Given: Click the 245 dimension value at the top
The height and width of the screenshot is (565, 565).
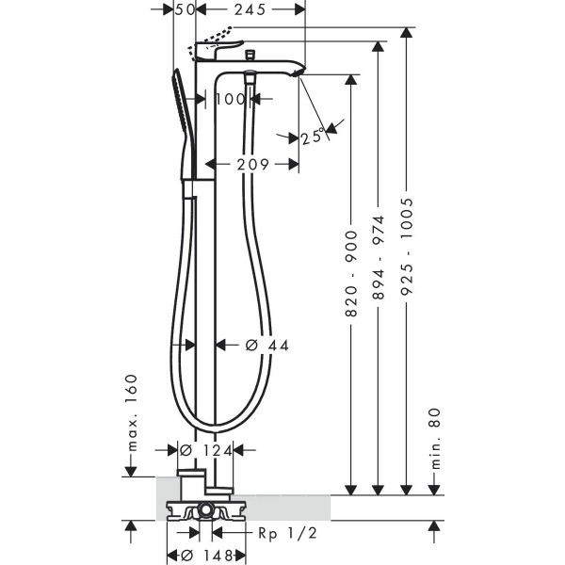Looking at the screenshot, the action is click(x=250, y=9).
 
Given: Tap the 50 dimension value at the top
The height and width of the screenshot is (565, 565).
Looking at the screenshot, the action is click(x=185, y=9).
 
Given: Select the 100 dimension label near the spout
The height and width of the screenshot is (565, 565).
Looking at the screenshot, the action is click(x=231, y=99).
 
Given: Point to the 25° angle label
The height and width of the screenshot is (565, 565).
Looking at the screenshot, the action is click(x=312, y=137).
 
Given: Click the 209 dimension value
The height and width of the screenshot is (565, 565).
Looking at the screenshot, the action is click(x=253, y=165).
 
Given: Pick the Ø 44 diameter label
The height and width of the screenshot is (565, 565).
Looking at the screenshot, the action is click(x=267, y=346).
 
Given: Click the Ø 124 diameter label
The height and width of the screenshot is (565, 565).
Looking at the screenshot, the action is click(x=206, y=450).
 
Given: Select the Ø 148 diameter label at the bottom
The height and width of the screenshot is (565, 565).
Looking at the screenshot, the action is click(x=207, y=556).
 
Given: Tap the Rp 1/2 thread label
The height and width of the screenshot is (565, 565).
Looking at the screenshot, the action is click(x=287, y=533).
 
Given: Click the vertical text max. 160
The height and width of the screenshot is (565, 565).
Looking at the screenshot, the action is click(x=133, y=413).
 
